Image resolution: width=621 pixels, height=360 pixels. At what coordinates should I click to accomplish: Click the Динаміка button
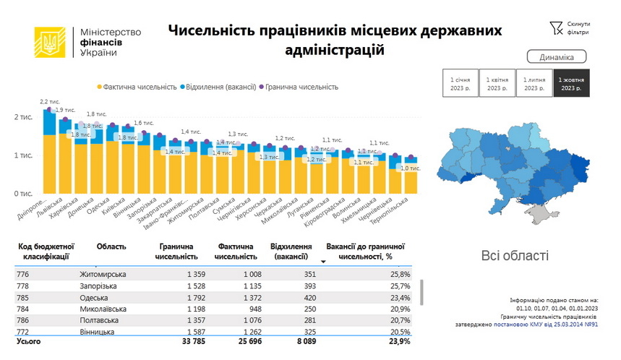click(x=556, y=57)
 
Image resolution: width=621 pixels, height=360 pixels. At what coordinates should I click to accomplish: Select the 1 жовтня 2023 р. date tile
click(x=571, y=83)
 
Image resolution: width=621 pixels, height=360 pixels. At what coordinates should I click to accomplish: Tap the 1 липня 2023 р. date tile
click(x=534, y=83)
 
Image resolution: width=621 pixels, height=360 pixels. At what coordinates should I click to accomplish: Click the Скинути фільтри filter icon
click(x=555, y=27)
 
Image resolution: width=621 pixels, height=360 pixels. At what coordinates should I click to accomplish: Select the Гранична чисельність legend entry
click(x=300, y=87)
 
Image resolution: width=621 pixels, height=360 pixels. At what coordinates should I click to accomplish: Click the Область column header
click(x=111, y=247)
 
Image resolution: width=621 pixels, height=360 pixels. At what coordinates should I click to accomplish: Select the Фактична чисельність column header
click(x=236, y=251)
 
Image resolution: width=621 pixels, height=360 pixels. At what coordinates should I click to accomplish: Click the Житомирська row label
click(x=103, y=275)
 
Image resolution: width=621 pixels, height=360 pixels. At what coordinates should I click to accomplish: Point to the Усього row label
click(x=29, y=340)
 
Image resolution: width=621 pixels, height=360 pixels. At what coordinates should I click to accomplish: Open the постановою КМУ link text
click(x=521, y=325)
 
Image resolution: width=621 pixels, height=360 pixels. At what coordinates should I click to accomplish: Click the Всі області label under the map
click(x=515, y=255)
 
